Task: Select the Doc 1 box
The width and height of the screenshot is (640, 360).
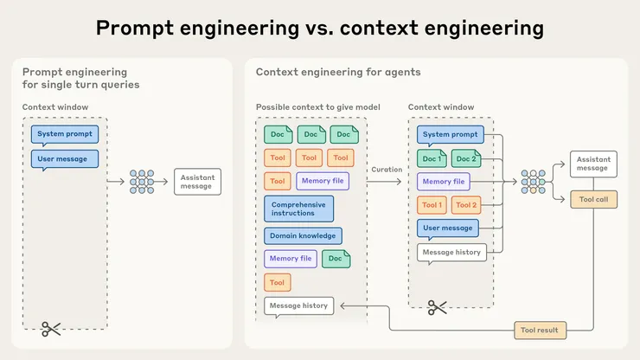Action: click(x=432, y=158)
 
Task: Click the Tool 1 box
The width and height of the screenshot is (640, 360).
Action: click(x=432, y=205)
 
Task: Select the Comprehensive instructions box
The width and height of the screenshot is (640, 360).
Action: click(x=298, y=209)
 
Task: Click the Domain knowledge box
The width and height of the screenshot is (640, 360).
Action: click(x=303, y=235)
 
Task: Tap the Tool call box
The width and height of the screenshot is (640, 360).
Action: click(x=593, y=198)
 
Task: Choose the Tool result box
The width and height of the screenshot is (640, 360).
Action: click(x=541, y=330)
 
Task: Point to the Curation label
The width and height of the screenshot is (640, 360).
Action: click(x=387, y=170)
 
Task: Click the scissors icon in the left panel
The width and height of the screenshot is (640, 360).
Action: click(x=51, y=329)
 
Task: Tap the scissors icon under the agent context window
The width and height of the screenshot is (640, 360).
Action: click(x=438, y=307)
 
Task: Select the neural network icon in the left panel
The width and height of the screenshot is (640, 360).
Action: click(x=144, y=181)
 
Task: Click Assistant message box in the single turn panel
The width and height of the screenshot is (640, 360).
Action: click(x=197, y=181)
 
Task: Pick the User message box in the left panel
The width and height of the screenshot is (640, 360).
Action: click(x=65, y=158)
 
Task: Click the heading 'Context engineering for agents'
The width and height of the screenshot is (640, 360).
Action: click(x=338, y=72)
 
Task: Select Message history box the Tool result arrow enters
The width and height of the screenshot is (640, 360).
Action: click(x=298, y=305)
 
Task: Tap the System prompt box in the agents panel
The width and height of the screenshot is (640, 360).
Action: click(x=450, y=135)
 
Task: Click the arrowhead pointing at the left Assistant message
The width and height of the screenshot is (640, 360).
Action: click(x=125, y=181)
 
